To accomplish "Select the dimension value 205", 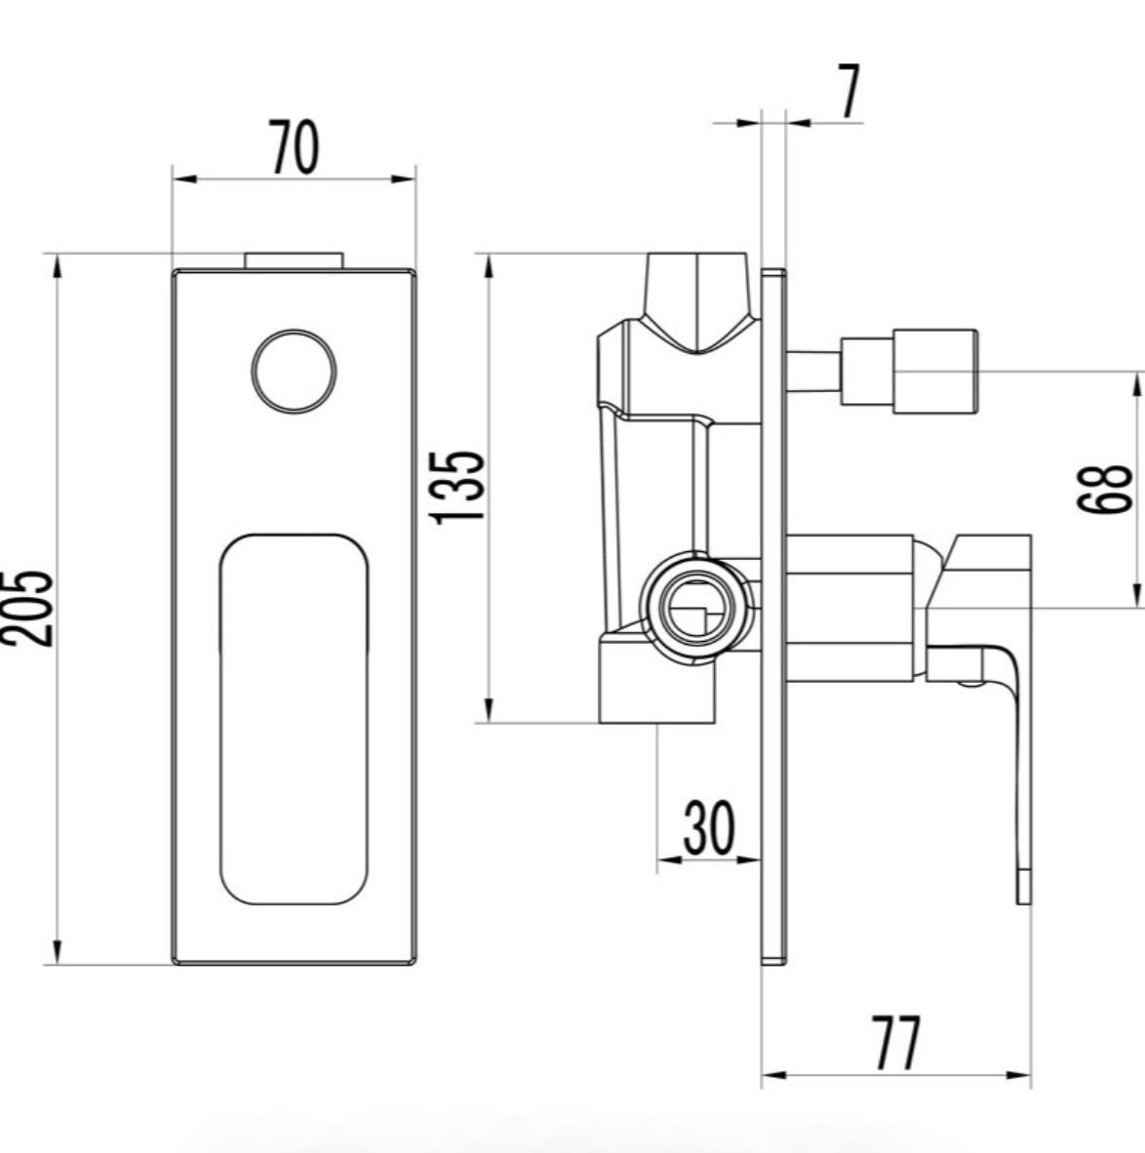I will point(26,608).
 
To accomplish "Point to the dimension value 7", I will point(849,94).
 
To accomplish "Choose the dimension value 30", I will point(708,828).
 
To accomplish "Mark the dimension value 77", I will point(895,1043).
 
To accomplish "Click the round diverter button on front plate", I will point(294,371).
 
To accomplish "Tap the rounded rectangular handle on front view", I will point(294,719).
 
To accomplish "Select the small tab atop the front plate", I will point(294,259).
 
